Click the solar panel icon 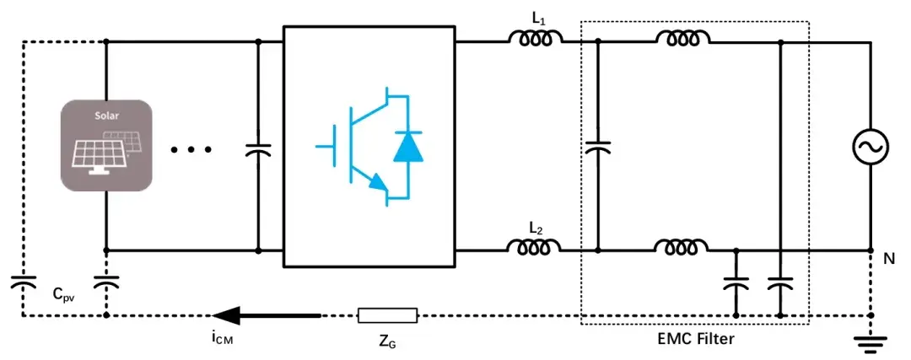tap(105, 145)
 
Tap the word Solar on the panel tap(105, 113)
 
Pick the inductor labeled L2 tap(533, 248)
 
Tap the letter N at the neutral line tap(889, 260)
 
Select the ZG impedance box tap(387, 316)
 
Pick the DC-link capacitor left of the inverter tap(258, 149)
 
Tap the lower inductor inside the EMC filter tap(682, 248)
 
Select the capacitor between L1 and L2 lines tap(597, 148)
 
